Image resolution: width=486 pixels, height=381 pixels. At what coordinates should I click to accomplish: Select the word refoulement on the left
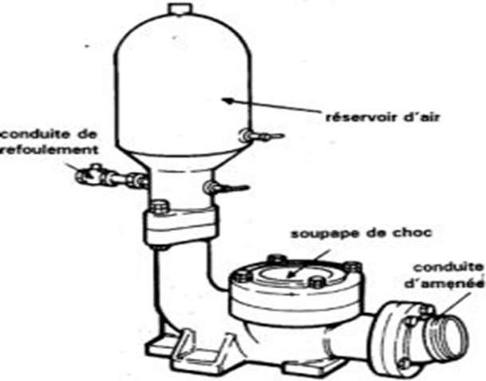(49, 150)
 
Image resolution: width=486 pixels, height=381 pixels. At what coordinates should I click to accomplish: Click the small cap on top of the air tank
(179, 9)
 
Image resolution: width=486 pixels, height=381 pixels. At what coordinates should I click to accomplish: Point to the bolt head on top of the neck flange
(160, 207)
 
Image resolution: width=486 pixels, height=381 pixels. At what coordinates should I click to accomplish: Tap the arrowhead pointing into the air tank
(227, 101)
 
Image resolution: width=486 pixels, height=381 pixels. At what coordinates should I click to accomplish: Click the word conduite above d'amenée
(448, 268)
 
